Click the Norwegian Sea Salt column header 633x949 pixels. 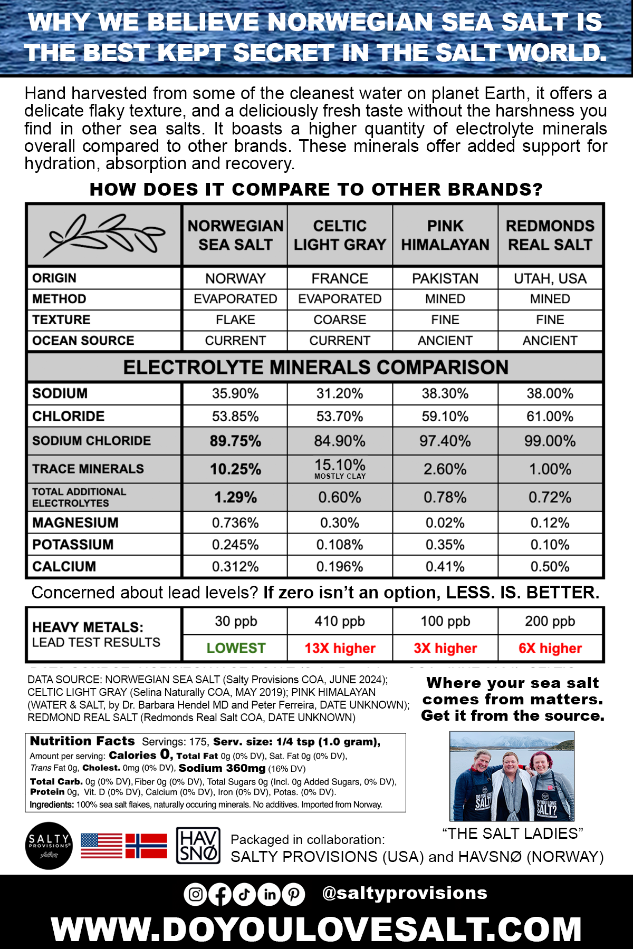coord(235,235)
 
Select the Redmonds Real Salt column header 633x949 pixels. coord(550,235)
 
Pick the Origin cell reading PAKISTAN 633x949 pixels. coord(445,278)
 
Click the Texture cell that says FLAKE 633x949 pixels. coord(235,320)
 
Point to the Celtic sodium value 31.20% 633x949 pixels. coord(340,394)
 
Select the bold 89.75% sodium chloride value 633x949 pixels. coord(235,441)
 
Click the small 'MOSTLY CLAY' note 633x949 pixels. coord(340,476)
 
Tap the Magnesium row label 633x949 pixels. coord(75,523)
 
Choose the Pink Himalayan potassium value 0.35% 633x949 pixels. coord(445,545)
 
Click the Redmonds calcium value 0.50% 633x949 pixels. coord(550,567)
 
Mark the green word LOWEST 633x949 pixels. coord(236,648)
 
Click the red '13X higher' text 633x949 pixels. coord(340,648)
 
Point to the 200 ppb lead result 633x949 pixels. coord(550,622)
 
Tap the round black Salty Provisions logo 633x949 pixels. coord(49,846)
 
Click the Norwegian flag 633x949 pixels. coord(146,846)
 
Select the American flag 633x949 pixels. coord(101,846)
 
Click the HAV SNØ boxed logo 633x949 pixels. coord(198,846)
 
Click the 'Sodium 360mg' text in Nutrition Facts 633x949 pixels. coord(222,768)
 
